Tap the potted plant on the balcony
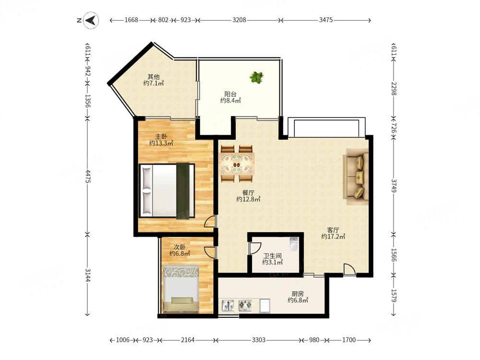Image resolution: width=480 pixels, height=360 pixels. pyautogui.click(x=256, y=77)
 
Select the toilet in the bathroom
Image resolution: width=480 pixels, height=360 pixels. pyautogui.click(x=294, y=244)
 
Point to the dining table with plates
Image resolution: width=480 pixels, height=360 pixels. pyautogui.click(x=237, y=164)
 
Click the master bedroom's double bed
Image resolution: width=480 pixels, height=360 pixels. pyautogui.click(x=167, y=191)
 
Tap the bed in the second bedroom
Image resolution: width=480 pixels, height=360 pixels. pyautogui.click(x=180, y=289)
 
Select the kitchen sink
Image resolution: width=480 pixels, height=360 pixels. pyautogui.click(x=228, y=305)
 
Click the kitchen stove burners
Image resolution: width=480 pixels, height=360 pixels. pyautogui.click(x=245, y=305)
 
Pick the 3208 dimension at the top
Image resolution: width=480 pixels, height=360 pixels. pyautogui.click(x=239, y=20)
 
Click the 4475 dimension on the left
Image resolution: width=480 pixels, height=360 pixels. pyautogui.click(x=87, y=176)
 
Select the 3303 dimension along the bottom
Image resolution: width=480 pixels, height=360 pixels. pyautogui.click(x=258, y=340)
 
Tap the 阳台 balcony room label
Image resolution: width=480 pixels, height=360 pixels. pyautogui.click(x=230, y=94)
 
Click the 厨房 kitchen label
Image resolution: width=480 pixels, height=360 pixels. pyautogui.click(x=298, y=294)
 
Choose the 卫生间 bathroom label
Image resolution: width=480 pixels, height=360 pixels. pyautogui.click(x=272, y=256)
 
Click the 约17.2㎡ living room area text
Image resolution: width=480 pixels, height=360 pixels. pyautogui.click(x=333, y=236)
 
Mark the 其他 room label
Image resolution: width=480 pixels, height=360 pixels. pyautogui.click(x=154, y=76)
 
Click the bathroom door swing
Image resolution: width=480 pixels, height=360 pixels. pyautogui.click(x=255, y=249)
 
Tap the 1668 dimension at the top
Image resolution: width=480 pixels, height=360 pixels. pyautogui.click(x=132, y=20)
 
